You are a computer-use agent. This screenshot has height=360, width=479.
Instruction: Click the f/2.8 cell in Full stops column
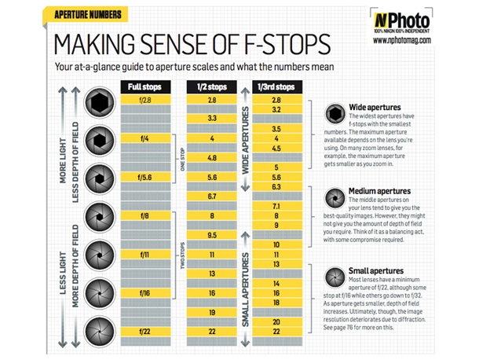pyautogui.click(x=144, y=101)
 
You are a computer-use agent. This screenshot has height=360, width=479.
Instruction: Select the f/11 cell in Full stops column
pyautogui.click(x=144, y=255)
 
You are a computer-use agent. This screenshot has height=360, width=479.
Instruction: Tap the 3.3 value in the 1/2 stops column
pyautogui.click(x=211, y=118)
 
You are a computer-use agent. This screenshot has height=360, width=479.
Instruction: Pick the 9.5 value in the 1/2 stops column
pyautogui.click(x=211, y=234)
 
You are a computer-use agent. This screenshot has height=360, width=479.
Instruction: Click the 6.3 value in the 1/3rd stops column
pyautogui.click(x=276, y=187)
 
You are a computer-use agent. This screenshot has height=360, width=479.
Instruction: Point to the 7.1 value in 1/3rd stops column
pyautogui.click(x=276, y=206)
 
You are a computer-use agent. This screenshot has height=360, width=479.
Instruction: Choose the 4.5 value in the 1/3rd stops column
pyautogui.click(x=276, y=148)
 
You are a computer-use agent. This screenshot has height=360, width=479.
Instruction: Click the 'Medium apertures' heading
pyautogui.click(x=380, y=190)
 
